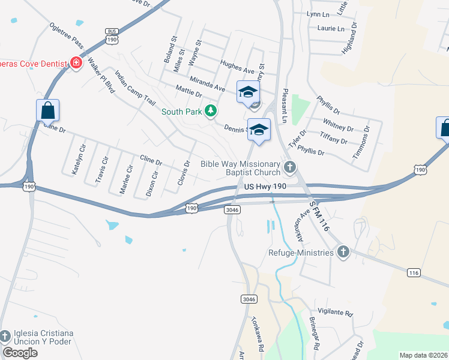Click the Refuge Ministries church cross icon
[x=343, y=252]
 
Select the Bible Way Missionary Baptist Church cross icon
[x=290, y=167]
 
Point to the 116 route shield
[x=413, y=272]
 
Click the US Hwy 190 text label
[x=269, y=188]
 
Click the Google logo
[x=20, y=353]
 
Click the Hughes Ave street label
[x=238, y=70]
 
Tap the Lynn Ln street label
[x=319, y=14]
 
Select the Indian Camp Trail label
[x=135, y=88]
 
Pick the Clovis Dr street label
[x=182, y=173]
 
